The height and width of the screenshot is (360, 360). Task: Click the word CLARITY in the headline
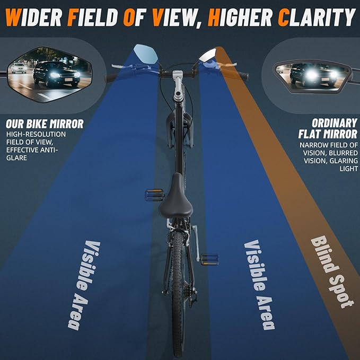(x=317, y=17)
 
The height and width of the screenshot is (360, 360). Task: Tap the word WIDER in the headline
(x=33, y=17)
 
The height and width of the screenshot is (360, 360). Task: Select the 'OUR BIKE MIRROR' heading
(x=45, y=124)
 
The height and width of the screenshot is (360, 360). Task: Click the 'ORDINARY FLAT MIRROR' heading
(x=328, y=129)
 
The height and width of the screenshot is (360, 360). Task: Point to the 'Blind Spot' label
(x=332, y=272)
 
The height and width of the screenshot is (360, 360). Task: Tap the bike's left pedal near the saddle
(x=154, y=195)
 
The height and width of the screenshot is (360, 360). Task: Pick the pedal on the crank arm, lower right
(x=209, y=259)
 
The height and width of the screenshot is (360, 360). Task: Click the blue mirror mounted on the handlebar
(x=146, y=54)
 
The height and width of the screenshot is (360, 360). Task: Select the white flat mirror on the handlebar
(x=208, y=56)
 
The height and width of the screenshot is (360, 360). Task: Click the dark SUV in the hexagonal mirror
(x=57, y=74)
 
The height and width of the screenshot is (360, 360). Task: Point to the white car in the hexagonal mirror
(x=19, y=68)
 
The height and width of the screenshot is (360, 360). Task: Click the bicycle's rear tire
(x=178, y=294)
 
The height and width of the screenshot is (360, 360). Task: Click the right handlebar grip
(x=243, y=76)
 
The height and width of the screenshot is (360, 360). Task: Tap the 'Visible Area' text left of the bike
(x=84, y=285)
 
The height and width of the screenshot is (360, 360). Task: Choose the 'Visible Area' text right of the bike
(x=259, y=285)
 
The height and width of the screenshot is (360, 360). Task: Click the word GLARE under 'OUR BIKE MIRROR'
(x=16, y=158)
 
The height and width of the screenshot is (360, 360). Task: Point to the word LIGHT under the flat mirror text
(x=348, y=169)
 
